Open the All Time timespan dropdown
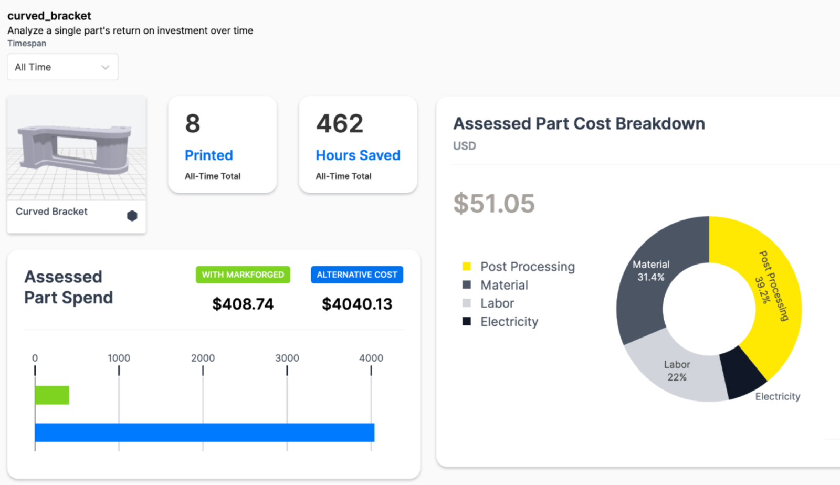62,67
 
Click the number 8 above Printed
193,124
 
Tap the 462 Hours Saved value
340,124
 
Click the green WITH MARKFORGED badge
243,275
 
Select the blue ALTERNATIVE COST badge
357,275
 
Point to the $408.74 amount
243,304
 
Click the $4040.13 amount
357,304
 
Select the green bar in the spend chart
52,395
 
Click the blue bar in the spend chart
204,433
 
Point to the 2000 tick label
203,358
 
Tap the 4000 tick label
371,358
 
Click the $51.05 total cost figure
494,204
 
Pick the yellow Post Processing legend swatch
466,266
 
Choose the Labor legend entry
497,303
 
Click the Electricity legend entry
509,322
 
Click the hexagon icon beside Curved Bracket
132,216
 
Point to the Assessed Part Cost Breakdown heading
579,124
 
